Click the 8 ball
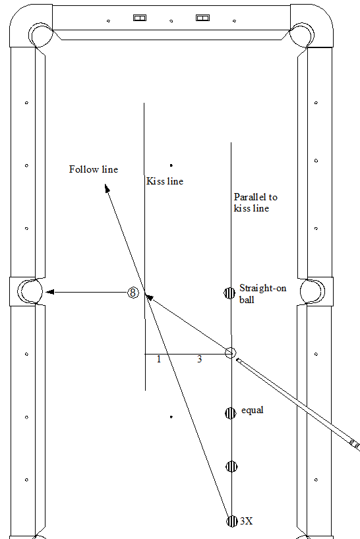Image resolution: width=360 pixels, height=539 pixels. click(133, 293)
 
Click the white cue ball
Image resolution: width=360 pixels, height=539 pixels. click(231, 353)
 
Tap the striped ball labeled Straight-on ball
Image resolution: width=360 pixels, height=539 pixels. click(229, 293)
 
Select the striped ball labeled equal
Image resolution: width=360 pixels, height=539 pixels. click(231, 413)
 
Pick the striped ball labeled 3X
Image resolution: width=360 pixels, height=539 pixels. click(232, 521)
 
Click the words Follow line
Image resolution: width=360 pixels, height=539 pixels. click(94, 169)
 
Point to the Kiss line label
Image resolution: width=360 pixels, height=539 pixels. click(165, 181)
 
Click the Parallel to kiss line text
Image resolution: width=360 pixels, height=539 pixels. click(255, 202)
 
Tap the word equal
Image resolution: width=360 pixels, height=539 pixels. click(253, 410)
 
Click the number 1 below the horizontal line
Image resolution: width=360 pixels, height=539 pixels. click(159, 359)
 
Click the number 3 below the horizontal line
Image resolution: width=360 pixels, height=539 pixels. click(199, 359)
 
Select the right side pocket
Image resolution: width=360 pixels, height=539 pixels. click(313, 291)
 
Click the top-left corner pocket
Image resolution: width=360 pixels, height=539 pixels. click(41, 35)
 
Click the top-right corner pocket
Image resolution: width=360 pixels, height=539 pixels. click(302, 35)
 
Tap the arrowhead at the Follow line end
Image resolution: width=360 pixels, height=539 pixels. click(107, 188)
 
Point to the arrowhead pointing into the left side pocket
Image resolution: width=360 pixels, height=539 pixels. click(50, 292)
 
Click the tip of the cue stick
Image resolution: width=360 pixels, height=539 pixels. click(237, 360)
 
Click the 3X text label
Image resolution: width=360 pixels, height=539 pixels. click(246, 521)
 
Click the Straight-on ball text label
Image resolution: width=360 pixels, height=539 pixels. click(262, 294)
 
